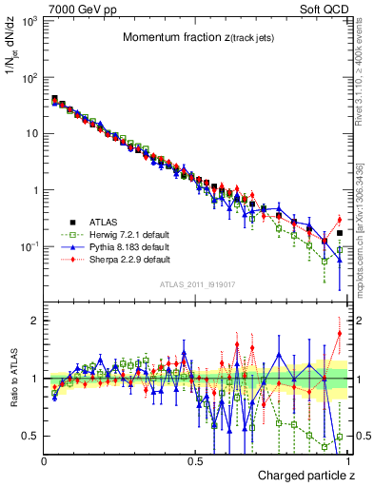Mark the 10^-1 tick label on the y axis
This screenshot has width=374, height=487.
coord(28,246)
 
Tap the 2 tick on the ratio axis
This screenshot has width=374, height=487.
coord(34,321)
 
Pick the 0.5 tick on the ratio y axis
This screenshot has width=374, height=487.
coord(30,436)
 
